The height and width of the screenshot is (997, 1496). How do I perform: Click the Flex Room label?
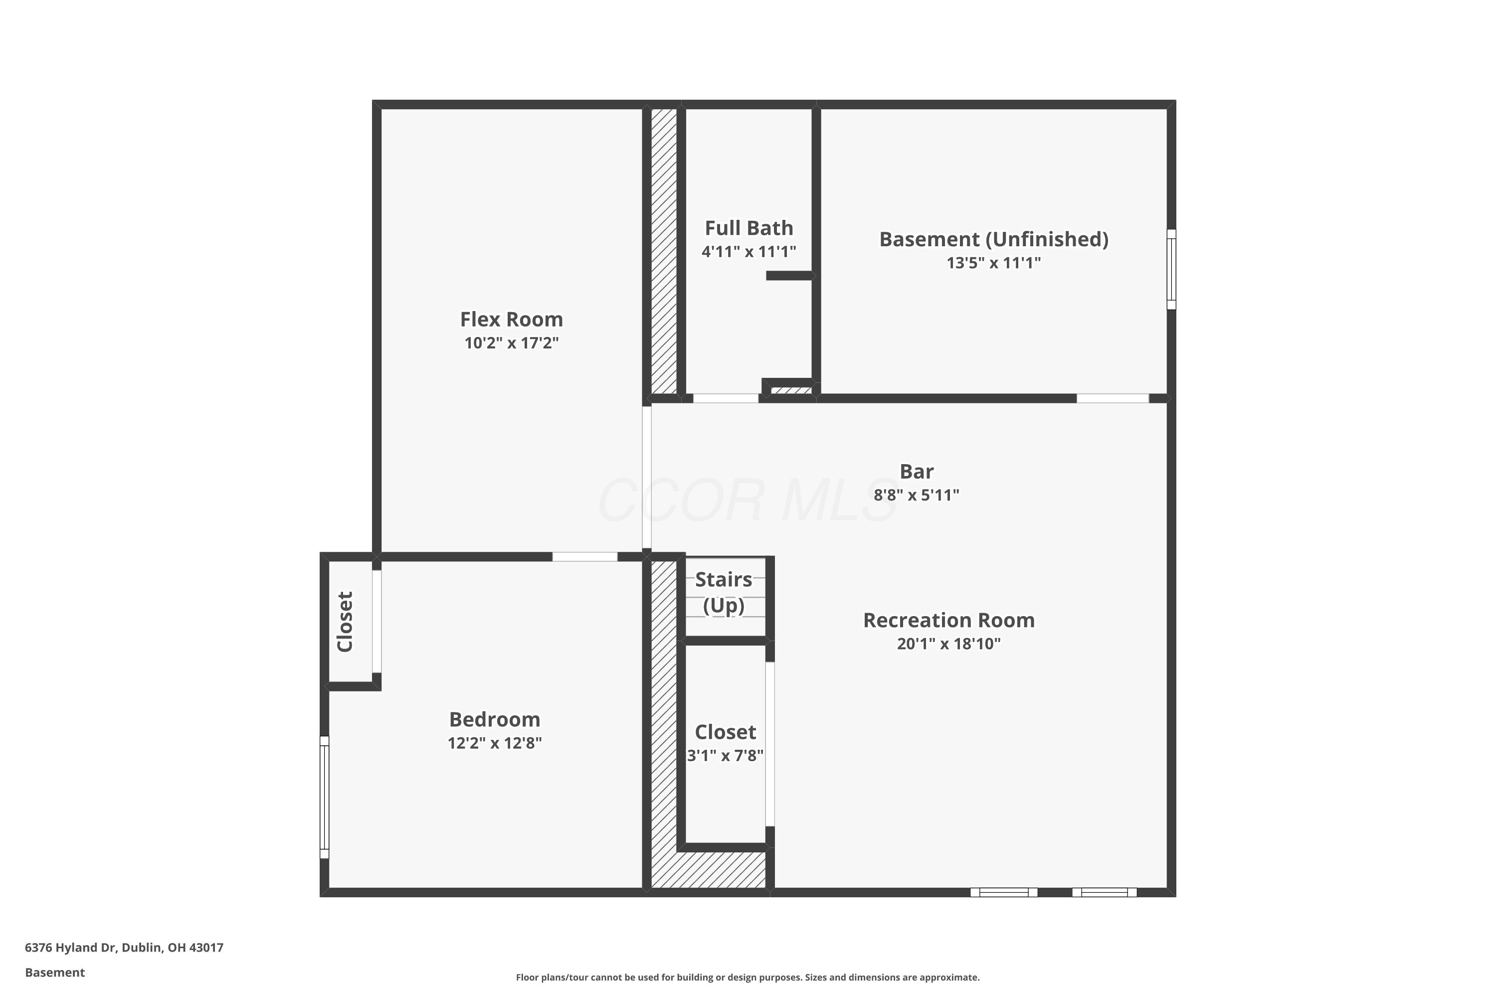pyautogui.click(x=512, y=319)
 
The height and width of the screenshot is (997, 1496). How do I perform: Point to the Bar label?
pyautogui.click(x=917, y=471)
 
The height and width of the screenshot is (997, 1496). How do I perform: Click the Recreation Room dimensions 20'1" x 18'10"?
pyautogui.click(x=948, y=644)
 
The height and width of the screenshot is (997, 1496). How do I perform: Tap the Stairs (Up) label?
pyautogui.click(x=724, y=592)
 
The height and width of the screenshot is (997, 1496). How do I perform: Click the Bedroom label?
pyautogui.click(x=495, y=720)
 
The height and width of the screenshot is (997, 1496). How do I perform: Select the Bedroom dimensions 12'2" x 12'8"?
pyautogui.click(x=495, y=743)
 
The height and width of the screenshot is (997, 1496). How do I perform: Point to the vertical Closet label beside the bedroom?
pyautogui.click(x=345, y=622)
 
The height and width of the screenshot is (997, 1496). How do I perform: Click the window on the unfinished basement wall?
pyautogui.click(x=1171, y=270)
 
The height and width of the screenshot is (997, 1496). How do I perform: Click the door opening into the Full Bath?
pyautogui.click(x=726, y=399)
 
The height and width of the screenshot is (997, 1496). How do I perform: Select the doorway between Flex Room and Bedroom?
pyautogui.click(x=584, y=557)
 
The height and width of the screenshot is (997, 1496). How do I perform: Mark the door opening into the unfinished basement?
pyautogui.click(x=1113, y=399)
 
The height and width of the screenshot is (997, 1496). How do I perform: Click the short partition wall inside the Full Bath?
pyautogui.click(x=789, y=275)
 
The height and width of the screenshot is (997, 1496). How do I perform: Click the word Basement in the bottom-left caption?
pyautogui.click(x=55, y=972)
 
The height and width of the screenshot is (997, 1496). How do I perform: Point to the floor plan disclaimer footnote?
pyautogui.click(x=748, y=977)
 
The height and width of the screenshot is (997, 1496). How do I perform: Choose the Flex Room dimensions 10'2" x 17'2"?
pyautogui.click(x=512, y=343)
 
